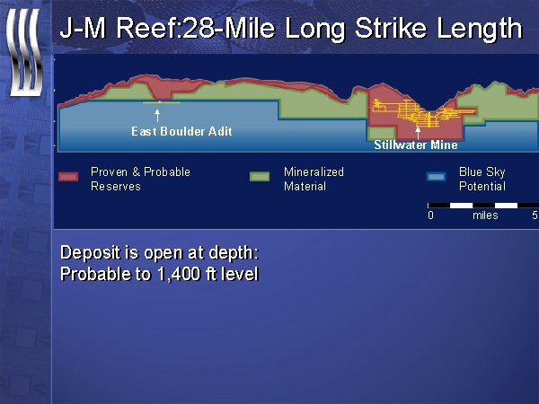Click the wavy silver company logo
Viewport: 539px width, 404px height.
(25, 52)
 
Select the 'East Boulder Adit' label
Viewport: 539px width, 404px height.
(181, 131)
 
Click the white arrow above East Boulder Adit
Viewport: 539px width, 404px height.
(157, 116)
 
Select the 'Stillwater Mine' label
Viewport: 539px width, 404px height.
(416, 145)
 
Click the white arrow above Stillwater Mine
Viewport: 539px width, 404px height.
(418, 133)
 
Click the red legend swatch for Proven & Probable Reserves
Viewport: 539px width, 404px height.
(68, 177)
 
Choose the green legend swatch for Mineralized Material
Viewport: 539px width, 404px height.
(260, 177)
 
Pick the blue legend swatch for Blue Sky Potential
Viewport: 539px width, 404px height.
(437, 177)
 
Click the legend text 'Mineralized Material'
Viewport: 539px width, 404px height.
(314, 179)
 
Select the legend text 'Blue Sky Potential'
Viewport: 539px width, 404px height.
(482, 179)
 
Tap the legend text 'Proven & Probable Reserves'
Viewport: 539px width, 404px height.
(140, 179)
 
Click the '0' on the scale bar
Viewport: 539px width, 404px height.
(430, 215)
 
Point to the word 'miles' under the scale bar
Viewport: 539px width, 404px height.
(485, 215)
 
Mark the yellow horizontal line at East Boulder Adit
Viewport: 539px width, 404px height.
(161, 102)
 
